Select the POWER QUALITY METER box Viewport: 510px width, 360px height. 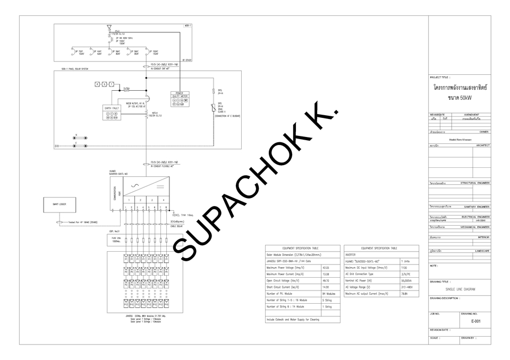(x=179, y=98)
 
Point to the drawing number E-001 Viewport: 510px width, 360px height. (x=475, y=321)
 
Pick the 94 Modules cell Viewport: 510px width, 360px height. (x=329, y=293)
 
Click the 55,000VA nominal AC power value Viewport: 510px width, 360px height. (x=407, y=280)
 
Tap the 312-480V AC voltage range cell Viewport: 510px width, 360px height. (x=407, y=287)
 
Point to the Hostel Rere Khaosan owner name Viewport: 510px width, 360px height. (x=460, y=139)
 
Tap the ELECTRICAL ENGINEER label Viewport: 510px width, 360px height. (x=476, y=217)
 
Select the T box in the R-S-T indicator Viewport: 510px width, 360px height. (x=112, y=84)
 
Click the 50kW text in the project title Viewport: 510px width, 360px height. (x=460, y=99)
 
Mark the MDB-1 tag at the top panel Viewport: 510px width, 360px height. (x=188, y=25)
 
